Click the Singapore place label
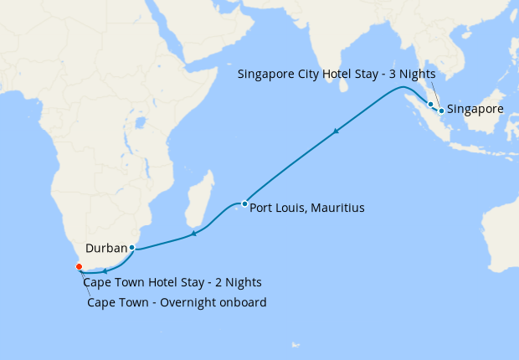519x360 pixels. [475, 110]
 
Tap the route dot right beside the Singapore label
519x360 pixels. [440, 110]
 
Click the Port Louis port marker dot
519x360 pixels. [244, 203]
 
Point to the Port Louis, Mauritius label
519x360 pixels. [306, 207]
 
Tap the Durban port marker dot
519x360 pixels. [132, 247]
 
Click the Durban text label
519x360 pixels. [105, 248]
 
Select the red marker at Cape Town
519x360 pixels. [80, 266]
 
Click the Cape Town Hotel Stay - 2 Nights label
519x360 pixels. [172, 281]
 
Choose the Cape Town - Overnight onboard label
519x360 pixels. [177, 302]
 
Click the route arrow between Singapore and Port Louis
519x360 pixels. [337, 131]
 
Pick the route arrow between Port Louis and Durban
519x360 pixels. [193, 233]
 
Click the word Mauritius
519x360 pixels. [337, 207]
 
